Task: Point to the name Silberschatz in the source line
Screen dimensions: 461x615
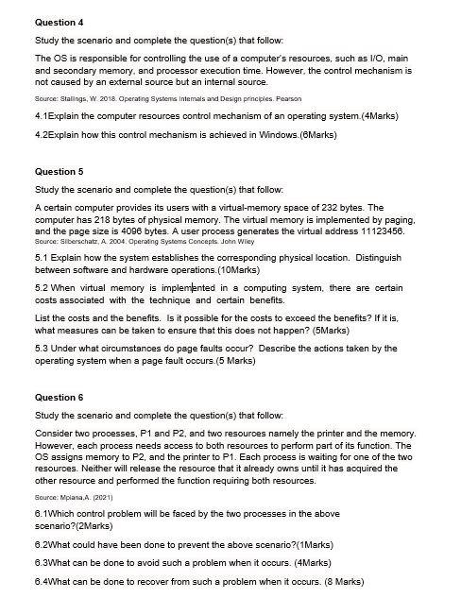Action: pos(77,242)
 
